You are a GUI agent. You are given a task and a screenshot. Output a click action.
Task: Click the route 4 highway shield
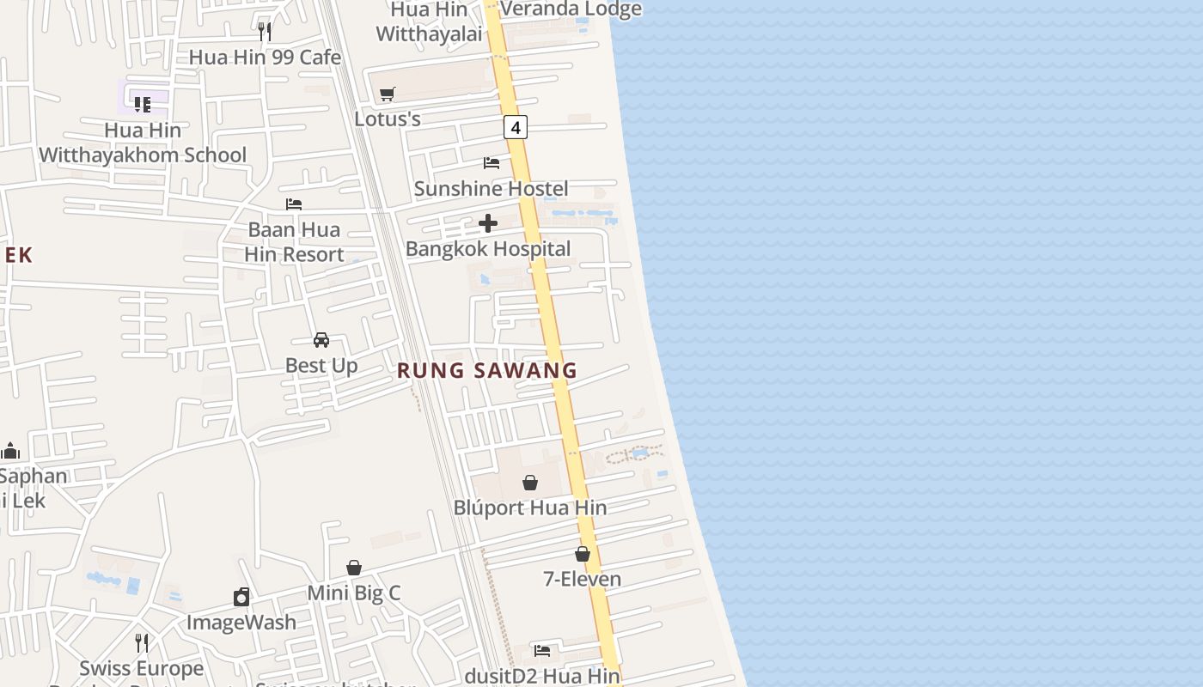click(515, 128)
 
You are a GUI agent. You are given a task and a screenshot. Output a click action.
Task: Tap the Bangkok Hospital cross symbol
click(488, 224)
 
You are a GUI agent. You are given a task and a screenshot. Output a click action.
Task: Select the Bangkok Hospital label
click(488, 249)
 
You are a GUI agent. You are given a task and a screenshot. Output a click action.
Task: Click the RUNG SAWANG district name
click(487, 371)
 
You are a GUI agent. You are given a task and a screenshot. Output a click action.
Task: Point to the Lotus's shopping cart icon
click(388, 94)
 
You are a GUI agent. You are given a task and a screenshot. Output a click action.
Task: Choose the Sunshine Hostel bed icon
click(492, 162)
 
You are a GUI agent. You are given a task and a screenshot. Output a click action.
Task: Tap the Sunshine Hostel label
click(492, 189)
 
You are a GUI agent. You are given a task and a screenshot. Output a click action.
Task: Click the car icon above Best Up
click(321, 340)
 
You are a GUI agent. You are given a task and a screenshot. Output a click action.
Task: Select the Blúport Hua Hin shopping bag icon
click(530, 483)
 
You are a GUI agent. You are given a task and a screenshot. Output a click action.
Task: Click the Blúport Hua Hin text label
click(530, 508)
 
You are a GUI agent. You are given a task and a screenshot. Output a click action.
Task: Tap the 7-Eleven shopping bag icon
click(583, 554)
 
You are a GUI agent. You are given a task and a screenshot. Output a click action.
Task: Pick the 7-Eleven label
click(583, 580)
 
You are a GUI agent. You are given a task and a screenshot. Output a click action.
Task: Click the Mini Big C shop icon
click(354, 568)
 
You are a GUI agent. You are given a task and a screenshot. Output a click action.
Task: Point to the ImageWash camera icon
click(241, 597)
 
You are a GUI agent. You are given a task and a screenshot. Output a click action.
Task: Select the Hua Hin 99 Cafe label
click(265, 58)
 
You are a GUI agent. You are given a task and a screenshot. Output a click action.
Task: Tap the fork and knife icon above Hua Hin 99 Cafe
click(265, 32)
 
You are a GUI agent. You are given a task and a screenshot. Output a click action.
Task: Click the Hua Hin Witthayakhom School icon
click(143, 105)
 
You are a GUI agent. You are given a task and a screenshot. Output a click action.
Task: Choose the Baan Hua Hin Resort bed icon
click(294, 204)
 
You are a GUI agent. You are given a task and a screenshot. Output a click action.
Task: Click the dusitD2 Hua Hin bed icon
click(542, 651)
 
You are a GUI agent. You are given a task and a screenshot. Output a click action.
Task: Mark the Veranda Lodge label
click(571, 9)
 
